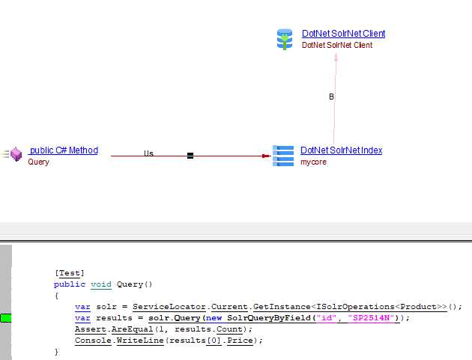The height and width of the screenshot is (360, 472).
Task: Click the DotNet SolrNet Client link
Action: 343,34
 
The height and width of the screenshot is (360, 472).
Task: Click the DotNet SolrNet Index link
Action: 341,150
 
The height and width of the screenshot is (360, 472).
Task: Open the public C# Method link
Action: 63,150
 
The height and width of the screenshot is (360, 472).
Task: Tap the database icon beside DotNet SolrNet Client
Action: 284,39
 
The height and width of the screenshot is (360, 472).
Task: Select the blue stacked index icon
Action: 283,156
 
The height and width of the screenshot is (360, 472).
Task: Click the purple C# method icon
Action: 14,155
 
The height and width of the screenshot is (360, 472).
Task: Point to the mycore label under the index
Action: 313,162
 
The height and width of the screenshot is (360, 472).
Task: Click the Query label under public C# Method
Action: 38,162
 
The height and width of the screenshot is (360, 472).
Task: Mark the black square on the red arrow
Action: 190,156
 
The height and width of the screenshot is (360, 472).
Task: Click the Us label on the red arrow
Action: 148,153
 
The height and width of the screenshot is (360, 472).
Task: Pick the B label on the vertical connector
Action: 331,97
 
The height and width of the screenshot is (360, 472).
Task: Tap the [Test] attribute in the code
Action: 69,274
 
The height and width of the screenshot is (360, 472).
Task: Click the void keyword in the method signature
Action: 100,285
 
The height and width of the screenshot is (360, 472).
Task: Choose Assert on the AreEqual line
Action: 89,329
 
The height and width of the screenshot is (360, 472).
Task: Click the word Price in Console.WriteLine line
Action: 243,341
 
